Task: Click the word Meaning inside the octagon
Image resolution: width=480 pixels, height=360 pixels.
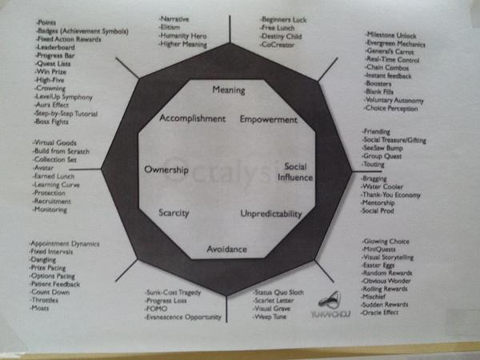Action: [x=229, y=90]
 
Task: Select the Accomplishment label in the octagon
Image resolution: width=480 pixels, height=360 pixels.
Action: [x=193, y=118]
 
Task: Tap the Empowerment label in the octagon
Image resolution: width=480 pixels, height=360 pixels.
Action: [x=268, y=120]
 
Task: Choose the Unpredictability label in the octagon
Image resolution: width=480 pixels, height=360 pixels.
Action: [x=271, y=214]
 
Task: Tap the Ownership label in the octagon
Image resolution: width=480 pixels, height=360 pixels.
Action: [x=166, y=170]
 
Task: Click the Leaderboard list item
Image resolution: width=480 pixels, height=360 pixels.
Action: [x=55, y=47]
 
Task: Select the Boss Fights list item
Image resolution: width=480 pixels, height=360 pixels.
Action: [x=54, y=122]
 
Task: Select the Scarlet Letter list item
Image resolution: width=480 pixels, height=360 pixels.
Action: [x=274, y=301]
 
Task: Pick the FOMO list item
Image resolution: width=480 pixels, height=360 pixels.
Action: [x=157, y=309]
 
